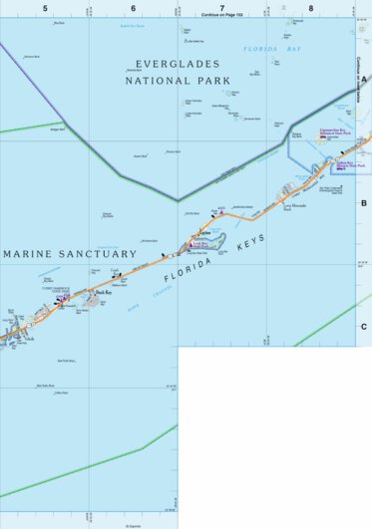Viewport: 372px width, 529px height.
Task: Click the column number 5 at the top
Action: [45, 8]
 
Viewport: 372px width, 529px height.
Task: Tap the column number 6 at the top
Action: [133, 8]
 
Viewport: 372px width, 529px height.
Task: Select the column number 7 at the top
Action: [222, 8]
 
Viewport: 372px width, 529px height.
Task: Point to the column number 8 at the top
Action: [311, 8]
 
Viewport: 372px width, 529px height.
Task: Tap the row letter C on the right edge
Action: [364, 326]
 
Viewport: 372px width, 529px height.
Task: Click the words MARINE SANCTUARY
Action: [70, 254]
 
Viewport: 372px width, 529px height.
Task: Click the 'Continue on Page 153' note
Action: [221, 15]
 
